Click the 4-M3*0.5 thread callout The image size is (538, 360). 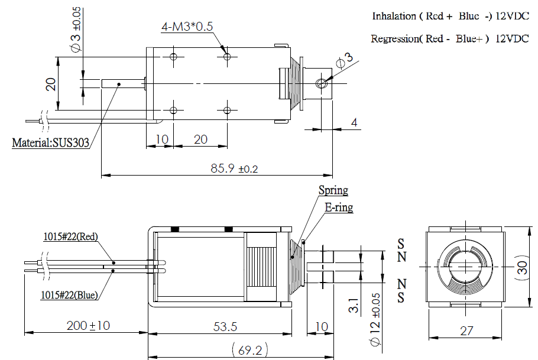[x=187, y=27]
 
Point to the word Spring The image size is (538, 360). [x=333, y=190]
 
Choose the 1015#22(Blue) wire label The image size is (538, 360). [x=70, y=294]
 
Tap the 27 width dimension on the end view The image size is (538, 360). [x=466, y=331]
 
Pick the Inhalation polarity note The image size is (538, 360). [x=450, y=16]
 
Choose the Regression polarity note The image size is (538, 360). [x=449, y=39]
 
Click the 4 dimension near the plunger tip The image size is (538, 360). [x=354, y=122]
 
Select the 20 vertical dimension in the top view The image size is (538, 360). [x=51, y=84]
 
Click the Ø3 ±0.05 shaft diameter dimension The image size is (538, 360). [x=76, y=33]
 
